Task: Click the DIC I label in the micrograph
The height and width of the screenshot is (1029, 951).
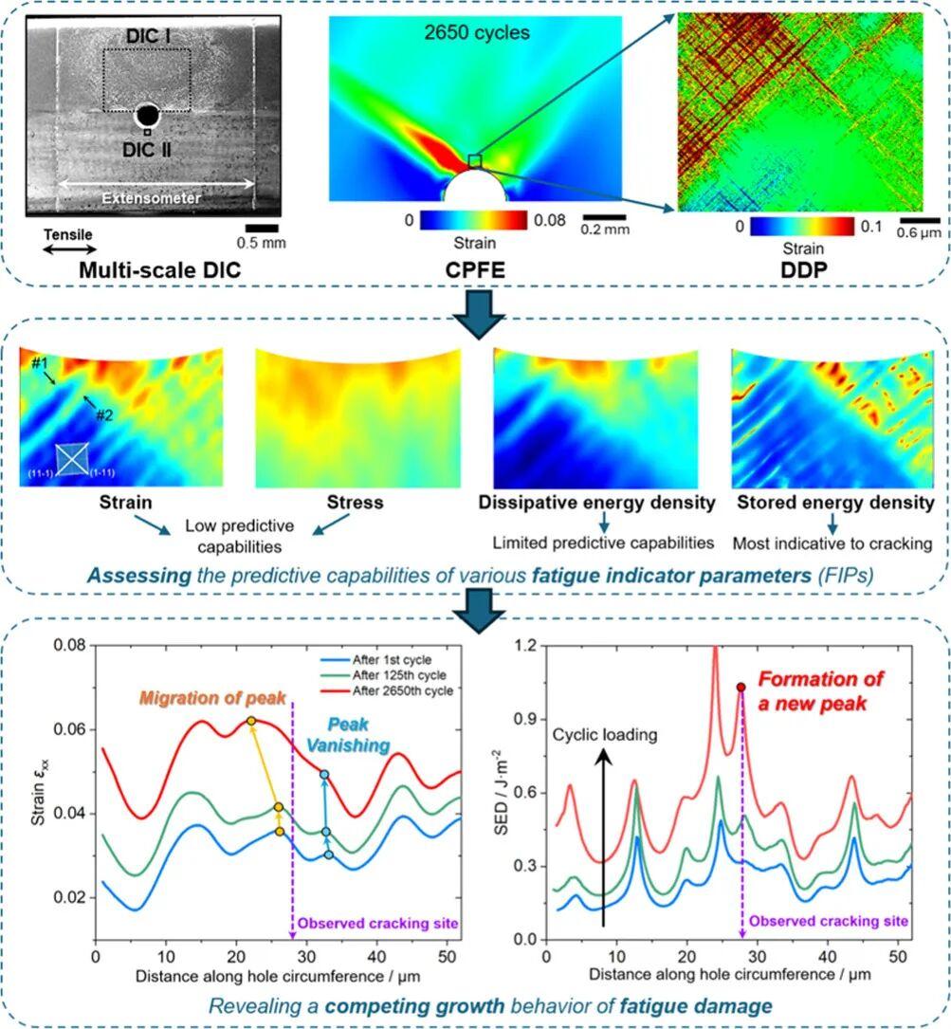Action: click(x=149, y=35)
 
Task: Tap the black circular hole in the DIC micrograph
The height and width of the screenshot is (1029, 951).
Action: click(x=147, y=116)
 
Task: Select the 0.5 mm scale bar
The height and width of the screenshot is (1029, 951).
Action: click(x=261, y=227)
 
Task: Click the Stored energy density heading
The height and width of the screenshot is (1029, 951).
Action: click(x=832, y=503)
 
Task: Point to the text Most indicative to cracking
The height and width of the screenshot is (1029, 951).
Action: click(x=832, y=543)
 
